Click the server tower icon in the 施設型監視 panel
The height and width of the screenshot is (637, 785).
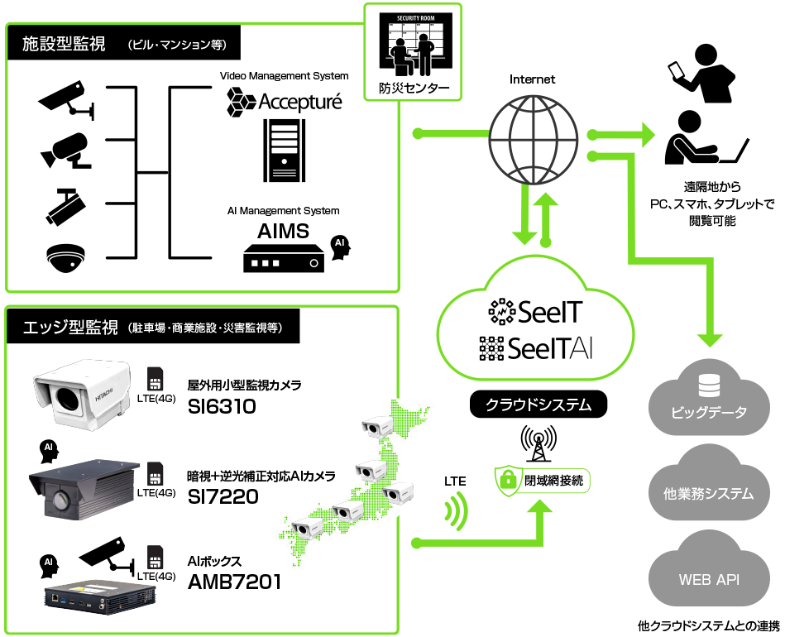click(x=284, y=150)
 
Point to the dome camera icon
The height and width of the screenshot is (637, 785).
click(x=66, y=262)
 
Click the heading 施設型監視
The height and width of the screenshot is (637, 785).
click(x=64, y=44)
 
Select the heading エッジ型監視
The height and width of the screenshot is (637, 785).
click(x=70, y=328)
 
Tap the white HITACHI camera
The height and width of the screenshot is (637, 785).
click(x=81, y=394)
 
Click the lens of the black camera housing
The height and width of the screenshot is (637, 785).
click(x=60, y=500)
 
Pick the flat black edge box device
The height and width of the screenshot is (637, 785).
click(x=99, y=596)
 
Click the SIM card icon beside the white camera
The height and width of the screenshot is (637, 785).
click(x=156, y=379)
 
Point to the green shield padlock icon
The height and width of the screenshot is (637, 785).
click(x=508, y=481)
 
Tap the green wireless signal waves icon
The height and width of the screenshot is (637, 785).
click(x=456, y=512)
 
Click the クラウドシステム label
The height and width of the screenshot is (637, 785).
click(x=538, y=405)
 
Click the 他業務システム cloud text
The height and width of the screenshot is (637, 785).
click(x=709, y=495)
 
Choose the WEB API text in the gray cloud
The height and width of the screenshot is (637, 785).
click(x=709, y=579)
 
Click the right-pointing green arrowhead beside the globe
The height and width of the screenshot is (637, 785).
click(x=645, y=133)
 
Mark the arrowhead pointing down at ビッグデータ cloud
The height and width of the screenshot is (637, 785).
click(x=709, y=338)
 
